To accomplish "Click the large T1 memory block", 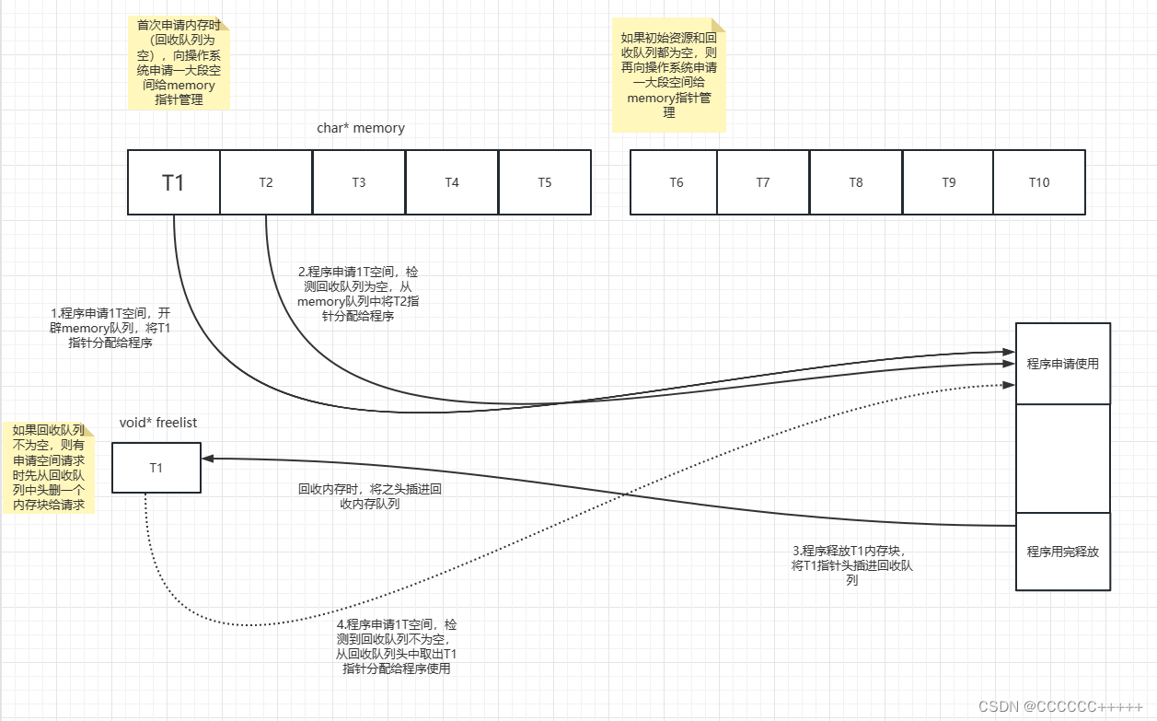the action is pyautogui.click(x=173, y=182).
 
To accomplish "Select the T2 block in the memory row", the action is pyautogui.click(x=266, y=182).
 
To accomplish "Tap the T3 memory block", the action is pyautogui.click(x=359, y=182).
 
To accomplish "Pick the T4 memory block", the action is pyautogui.click(x=452, y=182).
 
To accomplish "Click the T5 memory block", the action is pyautogui.click(x=545, y=182).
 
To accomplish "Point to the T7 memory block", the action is pyautogui.click(x=763, y=182).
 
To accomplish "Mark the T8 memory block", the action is pyautogui.click(x=856, y=182).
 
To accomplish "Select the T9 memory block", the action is pyautogui.click(x=948, y=182).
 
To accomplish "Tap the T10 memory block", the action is pyautogui.click(x=1039, y=182).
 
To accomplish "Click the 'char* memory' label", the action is pyautogui.click(x=361, y=128).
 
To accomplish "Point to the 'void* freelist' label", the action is pyautogui.click(x=158, y=423).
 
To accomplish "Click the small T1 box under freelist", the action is pyautogui.click(x=156, y=468).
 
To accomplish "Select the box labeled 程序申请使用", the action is pyautogui.click(x=1063, y=364).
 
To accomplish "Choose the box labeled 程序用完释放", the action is pyautogui.click(x=1063, y=552).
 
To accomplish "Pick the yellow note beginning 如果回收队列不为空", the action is pyautogui.click(x=48, y=468).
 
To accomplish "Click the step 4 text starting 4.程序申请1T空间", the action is pyautogui.click(x=397, y=646).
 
